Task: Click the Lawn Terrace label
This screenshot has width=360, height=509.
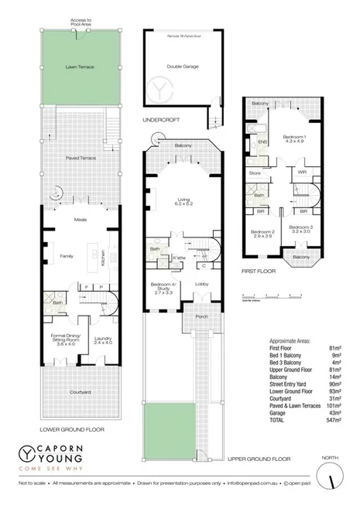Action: (x=80, y=67)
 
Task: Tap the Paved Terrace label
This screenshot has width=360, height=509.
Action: (x=80, y=157)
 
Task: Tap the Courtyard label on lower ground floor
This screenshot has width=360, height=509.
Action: (x=80, y=393)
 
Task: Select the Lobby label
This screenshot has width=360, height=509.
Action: (x=202, y=285)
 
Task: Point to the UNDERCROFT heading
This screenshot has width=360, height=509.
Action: (x=157, y=121)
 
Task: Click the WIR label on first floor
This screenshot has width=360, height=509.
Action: (x=303, y=172)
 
